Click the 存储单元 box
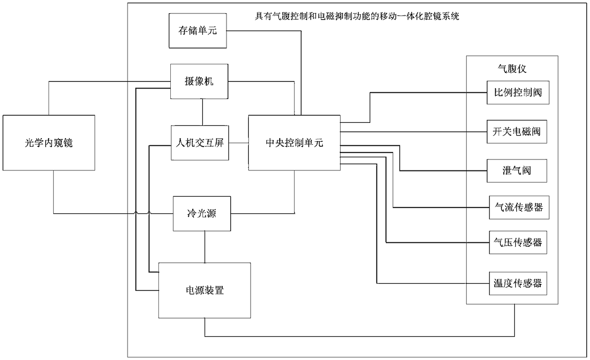[197, 30]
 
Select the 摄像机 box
[199, 82]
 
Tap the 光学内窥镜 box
[49, 142]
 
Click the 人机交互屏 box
[200, 143]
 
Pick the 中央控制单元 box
[294, 142]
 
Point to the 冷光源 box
[202, 214]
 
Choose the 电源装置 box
[205, 290]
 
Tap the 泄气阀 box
[516, 170]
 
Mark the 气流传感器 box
[516, 208]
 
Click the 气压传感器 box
[516, 243]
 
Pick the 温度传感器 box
[516, 284]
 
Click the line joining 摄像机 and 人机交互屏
[203, 112]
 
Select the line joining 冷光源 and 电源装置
[205, 247]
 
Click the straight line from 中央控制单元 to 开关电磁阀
[414, 131]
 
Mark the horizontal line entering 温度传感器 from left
[428, 284]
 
